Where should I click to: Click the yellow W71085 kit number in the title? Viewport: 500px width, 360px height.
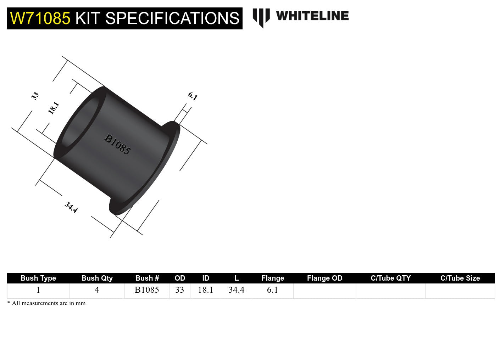click(x=40, y=18)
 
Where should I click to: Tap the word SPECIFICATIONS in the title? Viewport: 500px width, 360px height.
click(x=172, y=18)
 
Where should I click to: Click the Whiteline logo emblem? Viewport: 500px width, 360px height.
click(x=261, y=17)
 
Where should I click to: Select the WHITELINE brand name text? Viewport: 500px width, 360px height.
click(x=312, y=16)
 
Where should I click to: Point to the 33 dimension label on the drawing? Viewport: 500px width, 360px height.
click(x=35, y=96)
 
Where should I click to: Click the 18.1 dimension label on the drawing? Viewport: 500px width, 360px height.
click(x=53, y=108)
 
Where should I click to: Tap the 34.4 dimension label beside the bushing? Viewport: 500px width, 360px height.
click(x=71, y=207)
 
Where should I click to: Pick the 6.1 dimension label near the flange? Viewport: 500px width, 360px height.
click(x=193, y=96)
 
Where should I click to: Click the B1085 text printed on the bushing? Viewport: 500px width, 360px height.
click(x=117, y=144)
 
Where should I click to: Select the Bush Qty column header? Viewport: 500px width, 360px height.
click(x=97, y=278)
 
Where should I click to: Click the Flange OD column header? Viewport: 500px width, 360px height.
click(x=324, y=278)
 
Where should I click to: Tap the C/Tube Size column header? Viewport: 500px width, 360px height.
click(x=460, y=278)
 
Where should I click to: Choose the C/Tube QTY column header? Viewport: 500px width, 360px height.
click(x=390, y=278)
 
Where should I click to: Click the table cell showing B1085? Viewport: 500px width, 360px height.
click(x=147, y=290)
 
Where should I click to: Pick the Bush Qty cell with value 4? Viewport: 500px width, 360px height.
click(x=97, y=290)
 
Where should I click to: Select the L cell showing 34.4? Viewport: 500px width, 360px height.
click(x=236, y=290)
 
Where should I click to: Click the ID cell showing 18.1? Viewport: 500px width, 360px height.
click(x=205, y=290)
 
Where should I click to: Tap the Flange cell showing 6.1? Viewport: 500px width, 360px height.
click(x=272, y=290)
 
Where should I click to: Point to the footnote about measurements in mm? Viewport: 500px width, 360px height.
click(x=46, y=303)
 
